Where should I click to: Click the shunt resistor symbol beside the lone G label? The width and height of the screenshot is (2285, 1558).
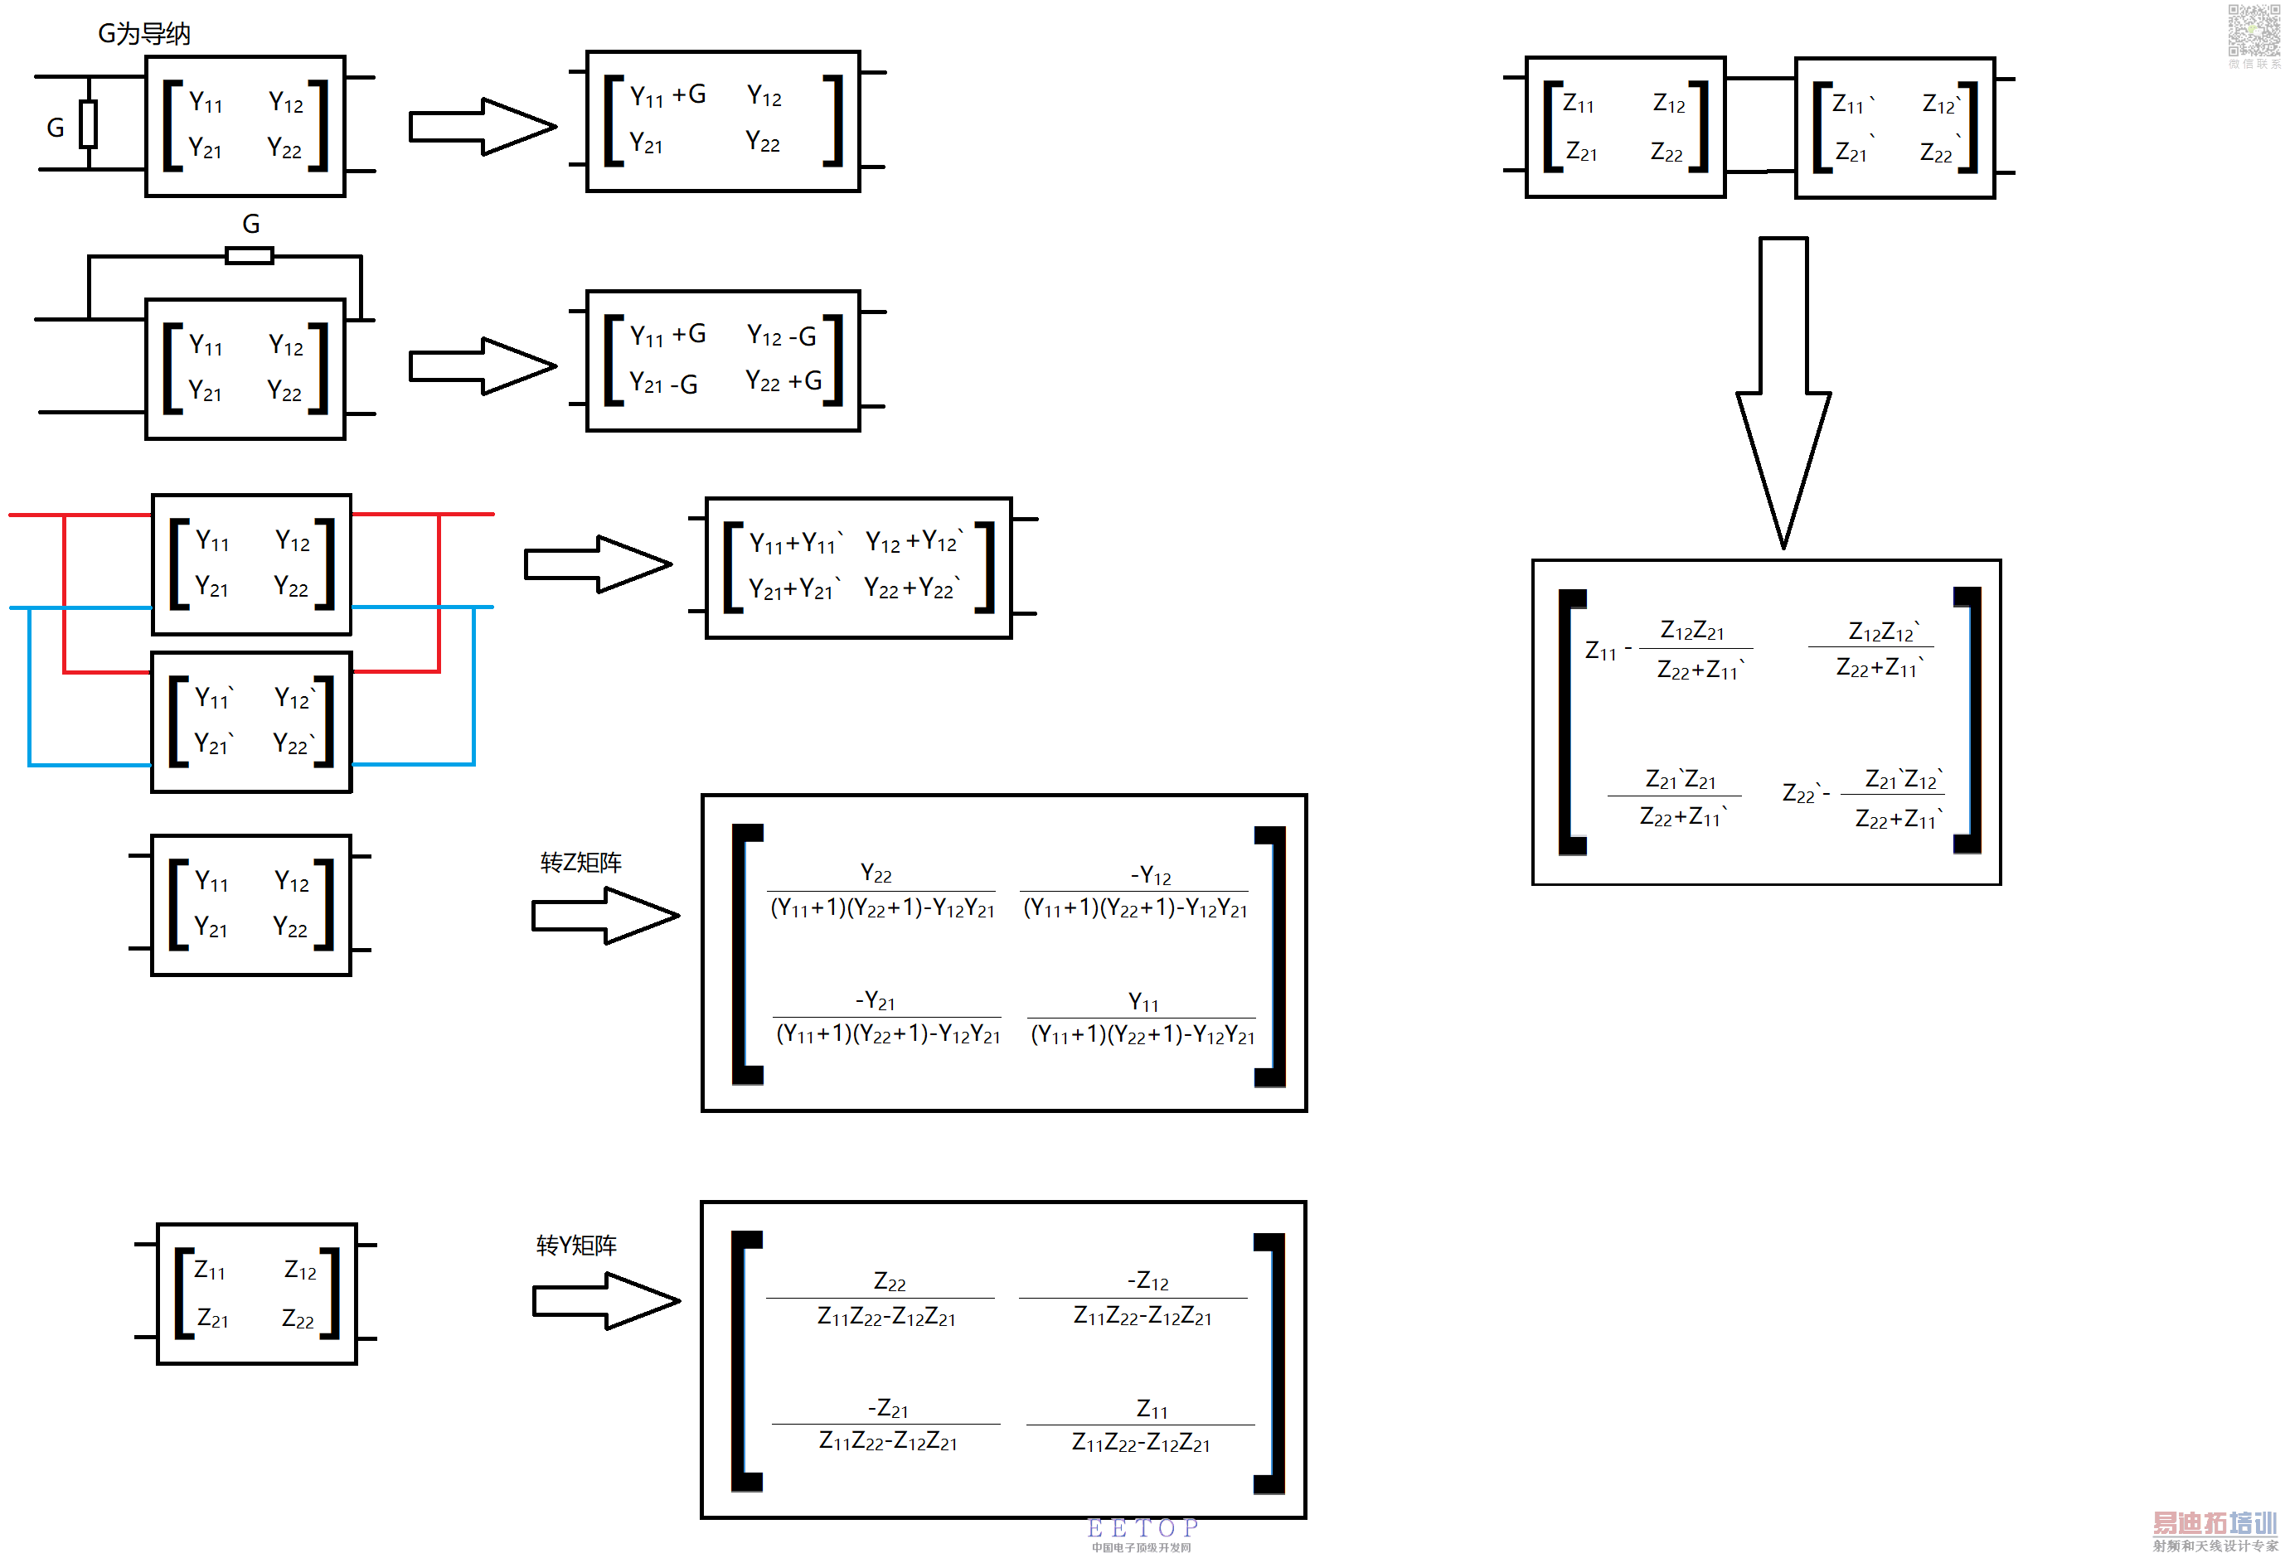(x=89, y=123)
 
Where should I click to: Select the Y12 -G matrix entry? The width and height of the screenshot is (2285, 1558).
(x=782, y=336)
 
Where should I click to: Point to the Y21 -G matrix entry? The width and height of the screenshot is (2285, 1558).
(x=663, y=384)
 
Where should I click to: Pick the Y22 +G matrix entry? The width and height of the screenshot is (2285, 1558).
(x=783, y=380)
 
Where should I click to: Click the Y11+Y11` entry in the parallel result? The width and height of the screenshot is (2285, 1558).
(x=795, y=542)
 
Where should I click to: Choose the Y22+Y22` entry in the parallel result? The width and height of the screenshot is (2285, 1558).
(x=911, y=588)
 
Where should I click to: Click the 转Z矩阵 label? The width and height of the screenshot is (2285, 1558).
(x=580, y=863)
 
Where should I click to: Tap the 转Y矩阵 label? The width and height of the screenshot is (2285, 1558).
(x=576, y=1246)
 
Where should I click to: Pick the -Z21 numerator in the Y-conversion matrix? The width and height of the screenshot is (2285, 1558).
(x=888, y=1409)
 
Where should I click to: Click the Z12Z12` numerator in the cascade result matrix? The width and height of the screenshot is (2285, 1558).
(x=1883, y=631)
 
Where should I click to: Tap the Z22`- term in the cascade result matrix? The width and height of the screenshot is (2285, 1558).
(x=1805, y=793)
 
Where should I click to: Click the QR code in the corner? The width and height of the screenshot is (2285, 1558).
(x=2252, y=31)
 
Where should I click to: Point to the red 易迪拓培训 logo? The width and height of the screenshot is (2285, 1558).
(x=2215, y=1523)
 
